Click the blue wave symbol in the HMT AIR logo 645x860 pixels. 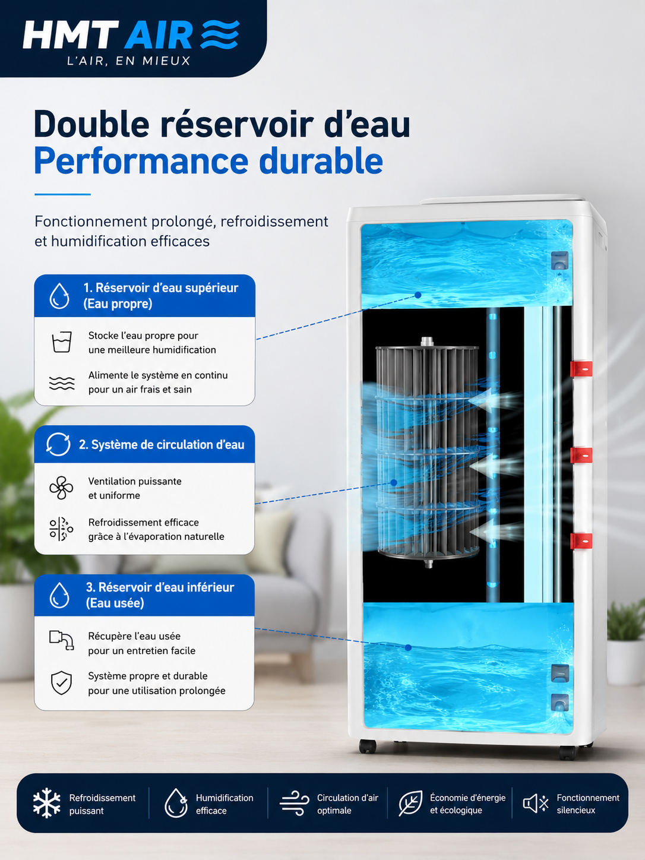point(220,34)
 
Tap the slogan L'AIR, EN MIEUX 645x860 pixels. point(129,61)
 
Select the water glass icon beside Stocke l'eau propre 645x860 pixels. point(62,342)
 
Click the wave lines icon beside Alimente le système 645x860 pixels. point(62,383)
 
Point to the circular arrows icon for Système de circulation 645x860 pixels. point(58,444)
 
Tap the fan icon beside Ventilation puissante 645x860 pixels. point(61,488)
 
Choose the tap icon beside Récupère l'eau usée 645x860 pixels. point(62,640)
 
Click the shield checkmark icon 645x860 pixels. point(62,682)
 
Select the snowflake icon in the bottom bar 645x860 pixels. point(46,803)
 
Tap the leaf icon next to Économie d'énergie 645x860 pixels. point(410,803)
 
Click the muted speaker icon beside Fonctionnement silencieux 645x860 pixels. point(535,803)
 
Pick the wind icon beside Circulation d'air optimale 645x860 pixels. point(295,803)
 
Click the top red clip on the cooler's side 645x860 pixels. point(581,369)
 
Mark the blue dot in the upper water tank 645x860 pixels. point(418,295)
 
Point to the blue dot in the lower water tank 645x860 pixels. point(408,647)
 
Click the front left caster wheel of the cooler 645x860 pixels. point(367,747)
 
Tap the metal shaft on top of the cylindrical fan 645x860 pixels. point(427,342)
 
